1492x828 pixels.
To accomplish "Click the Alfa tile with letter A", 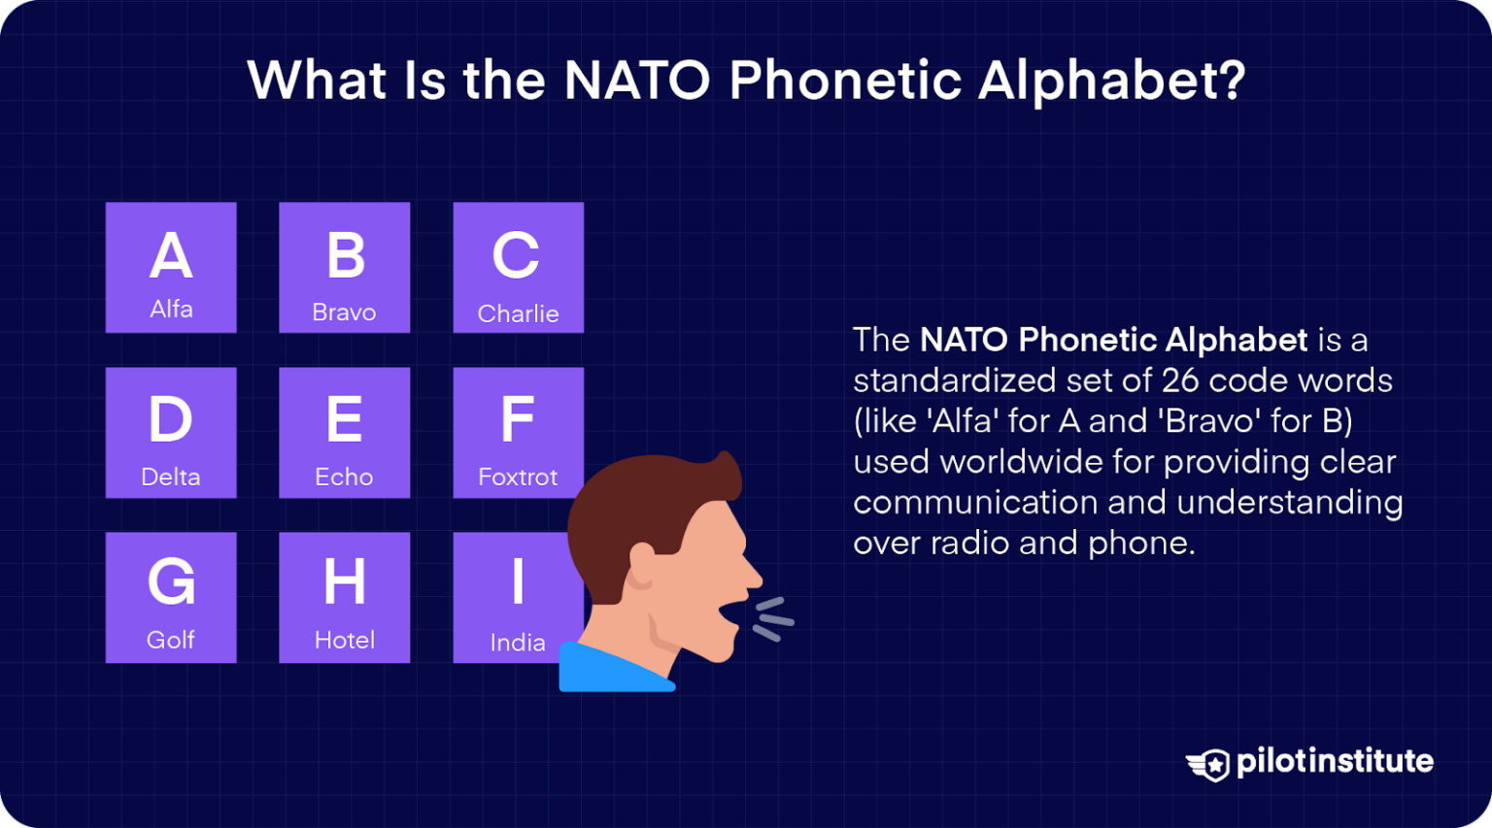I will coord(171,267).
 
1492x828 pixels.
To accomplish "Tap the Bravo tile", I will coord(344,267).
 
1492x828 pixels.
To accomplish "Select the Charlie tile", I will coord(518,267).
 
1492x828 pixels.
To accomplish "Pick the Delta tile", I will coord(171,432).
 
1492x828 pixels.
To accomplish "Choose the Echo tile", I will coord(344,432).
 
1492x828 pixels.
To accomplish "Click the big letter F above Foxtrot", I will coord(518,419).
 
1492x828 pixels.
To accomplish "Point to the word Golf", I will coord(171,640).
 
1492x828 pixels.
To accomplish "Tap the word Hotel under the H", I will coord(344,640).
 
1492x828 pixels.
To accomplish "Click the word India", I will coord(517,642).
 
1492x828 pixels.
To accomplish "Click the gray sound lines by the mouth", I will coord(774,619).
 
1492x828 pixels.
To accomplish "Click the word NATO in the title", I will coord(637,80).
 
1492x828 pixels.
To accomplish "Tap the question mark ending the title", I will coord(1232,80).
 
